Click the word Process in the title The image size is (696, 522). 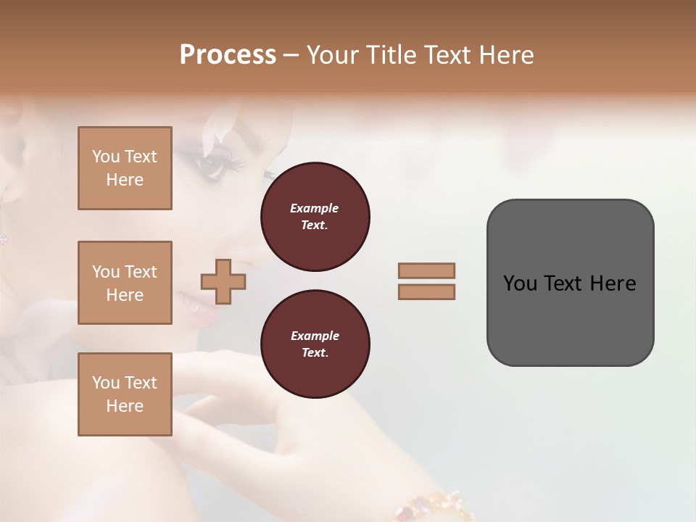coord(228,55)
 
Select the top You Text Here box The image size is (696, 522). coord(125,168)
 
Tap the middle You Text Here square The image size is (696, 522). coord(125,283)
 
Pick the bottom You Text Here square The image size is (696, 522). coord(125,394)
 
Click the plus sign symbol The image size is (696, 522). coord(223,282)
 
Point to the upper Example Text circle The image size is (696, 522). coord(315,216)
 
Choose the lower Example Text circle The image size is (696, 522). coord(315,344)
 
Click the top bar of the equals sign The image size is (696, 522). coord(426,270)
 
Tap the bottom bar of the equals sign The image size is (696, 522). coord(426,292)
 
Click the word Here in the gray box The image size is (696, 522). coord(613,283)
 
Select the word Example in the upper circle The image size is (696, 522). coord(315,208)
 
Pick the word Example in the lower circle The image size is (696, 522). coord(315,336)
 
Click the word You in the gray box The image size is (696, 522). coord(519,283)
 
